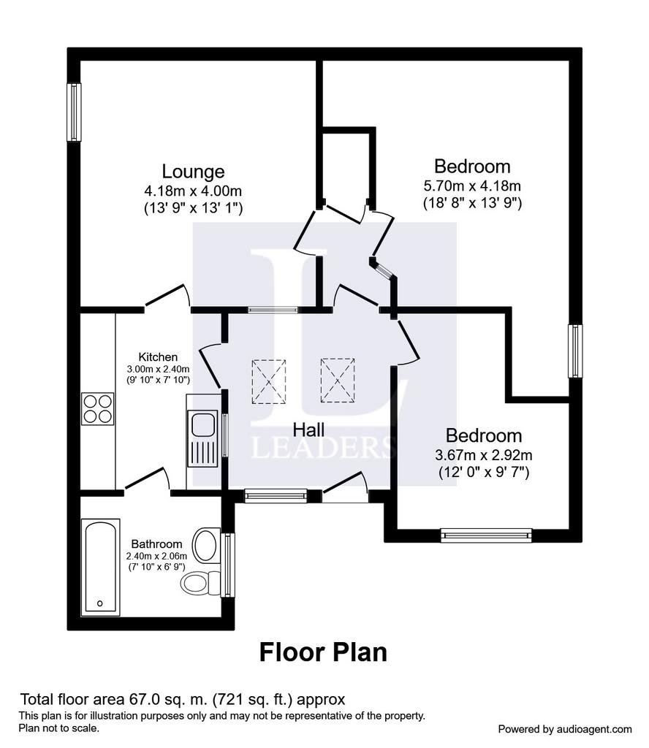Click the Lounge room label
click(193, 171)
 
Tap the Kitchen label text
click(158, 356)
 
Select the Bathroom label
click(156, 543)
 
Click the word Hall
click(308, 430)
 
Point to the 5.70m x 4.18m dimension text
click(472, 185)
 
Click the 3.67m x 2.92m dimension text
click(483, 454)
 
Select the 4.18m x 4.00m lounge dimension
click(193, 191)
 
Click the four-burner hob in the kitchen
click(98, 408)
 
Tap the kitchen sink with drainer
click(203, 439)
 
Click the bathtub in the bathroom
click(100, 567)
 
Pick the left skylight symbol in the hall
click(269, 381)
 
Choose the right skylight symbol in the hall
click(338, 380)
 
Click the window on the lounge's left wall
click(74, 112)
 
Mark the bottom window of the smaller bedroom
click(486, 535)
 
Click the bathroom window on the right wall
click(229, 565)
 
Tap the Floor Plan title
click(323, 652)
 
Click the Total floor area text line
click(182, 699)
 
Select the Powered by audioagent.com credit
click(565, 730)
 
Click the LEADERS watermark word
click(323, 448)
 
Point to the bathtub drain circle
click(99, 603)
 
